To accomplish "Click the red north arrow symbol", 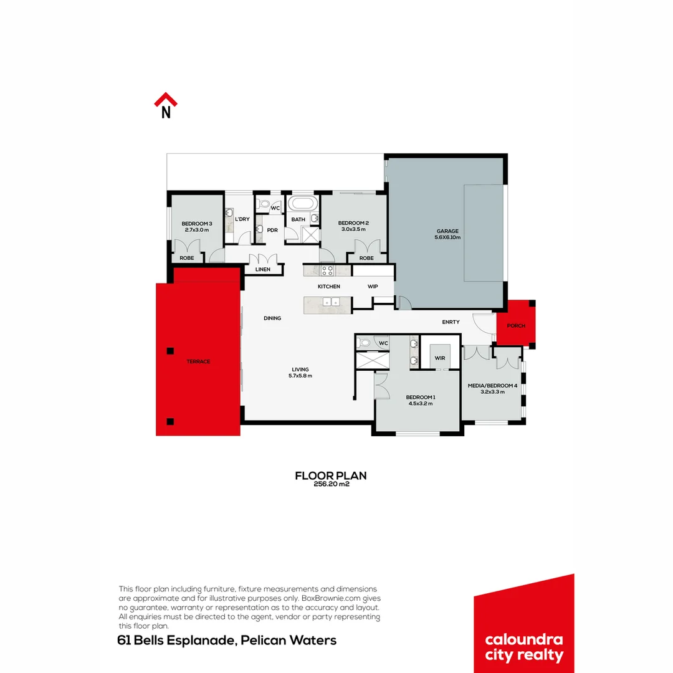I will point(166,100).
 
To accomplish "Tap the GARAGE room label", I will point(447,231).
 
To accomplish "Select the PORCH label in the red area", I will point(516,326).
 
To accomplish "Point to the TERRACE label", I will point(199,361).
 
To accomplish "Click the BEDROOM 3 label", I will point(197,224).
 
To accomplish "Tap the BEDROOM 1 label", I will point(421,397).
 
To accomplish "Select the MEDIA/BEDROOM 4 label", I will point(492,386).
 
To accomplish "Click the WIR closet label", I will point(440,358).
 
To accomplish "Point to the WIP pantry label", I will point(373,287).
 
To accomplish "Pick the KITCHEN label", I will point(329,287).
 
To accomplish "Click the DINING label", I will point(272,318).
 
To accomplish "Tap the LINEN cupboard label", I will point(263,270).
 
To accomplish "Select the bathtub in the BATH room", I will point(302,204).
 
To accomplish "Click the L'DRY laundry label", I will point(242,219).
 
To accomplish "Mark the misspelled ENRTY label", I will point(451,322).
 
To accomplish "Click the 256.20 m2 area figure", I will point(330,484).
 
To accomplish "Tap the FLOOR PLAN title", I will point(330,475).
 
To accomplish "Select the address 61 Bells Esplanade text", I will point(227,641).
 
